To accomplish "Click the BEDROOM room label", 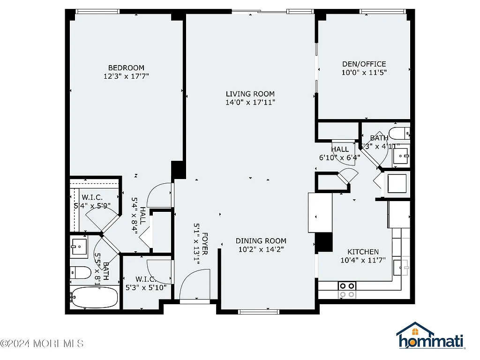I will pos(126,67).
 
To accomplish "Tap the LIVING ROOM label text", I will pos(250,94).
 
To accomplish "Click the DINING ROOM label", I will pos(261,241).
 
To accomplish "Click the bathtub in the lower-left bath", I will pos(94,298).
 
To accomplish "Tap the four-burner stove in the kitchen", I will pos(347,290).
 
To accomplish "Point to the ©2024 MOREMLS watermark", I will pos(42,344).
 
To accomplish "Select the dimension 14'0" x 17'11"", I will pos(250,102).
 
